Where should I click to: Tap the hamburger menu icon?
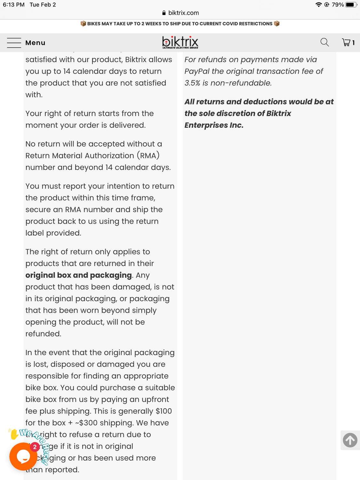[x=14, y=43]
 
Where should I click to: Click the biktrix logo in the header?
[x=180, y=42]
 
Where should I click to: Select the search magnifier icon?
[x=324, y=42]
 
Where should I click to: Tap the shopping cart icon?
[x=346, y=42]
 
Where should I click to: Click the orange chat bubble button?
[x=23, y=456]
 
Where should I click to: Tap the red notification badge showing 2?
[x=35, y=447]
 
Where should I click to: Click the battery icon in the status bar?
[x=351, y=4]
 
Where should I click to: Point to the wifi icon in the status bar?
[x=318, y=4]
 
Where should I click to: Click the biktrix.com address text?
[x=183, y=13]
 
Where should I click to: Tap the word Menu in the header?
[x=35, y=43]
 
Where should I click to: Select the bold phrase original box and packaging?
[x=78, y=275]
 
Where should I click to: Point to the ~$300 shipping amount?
[x=86, y=423]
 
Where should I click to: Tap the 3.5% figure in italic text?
[x=192, y=83]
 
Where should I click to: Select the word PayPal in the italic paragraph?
[x=197, y=71]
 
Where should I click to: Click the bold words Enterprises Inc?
[x=214, y=125]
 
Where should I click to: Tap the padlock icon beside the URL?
[x=164, y=13]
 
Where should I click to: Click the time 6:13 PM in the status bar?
[x=14, y=4]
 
